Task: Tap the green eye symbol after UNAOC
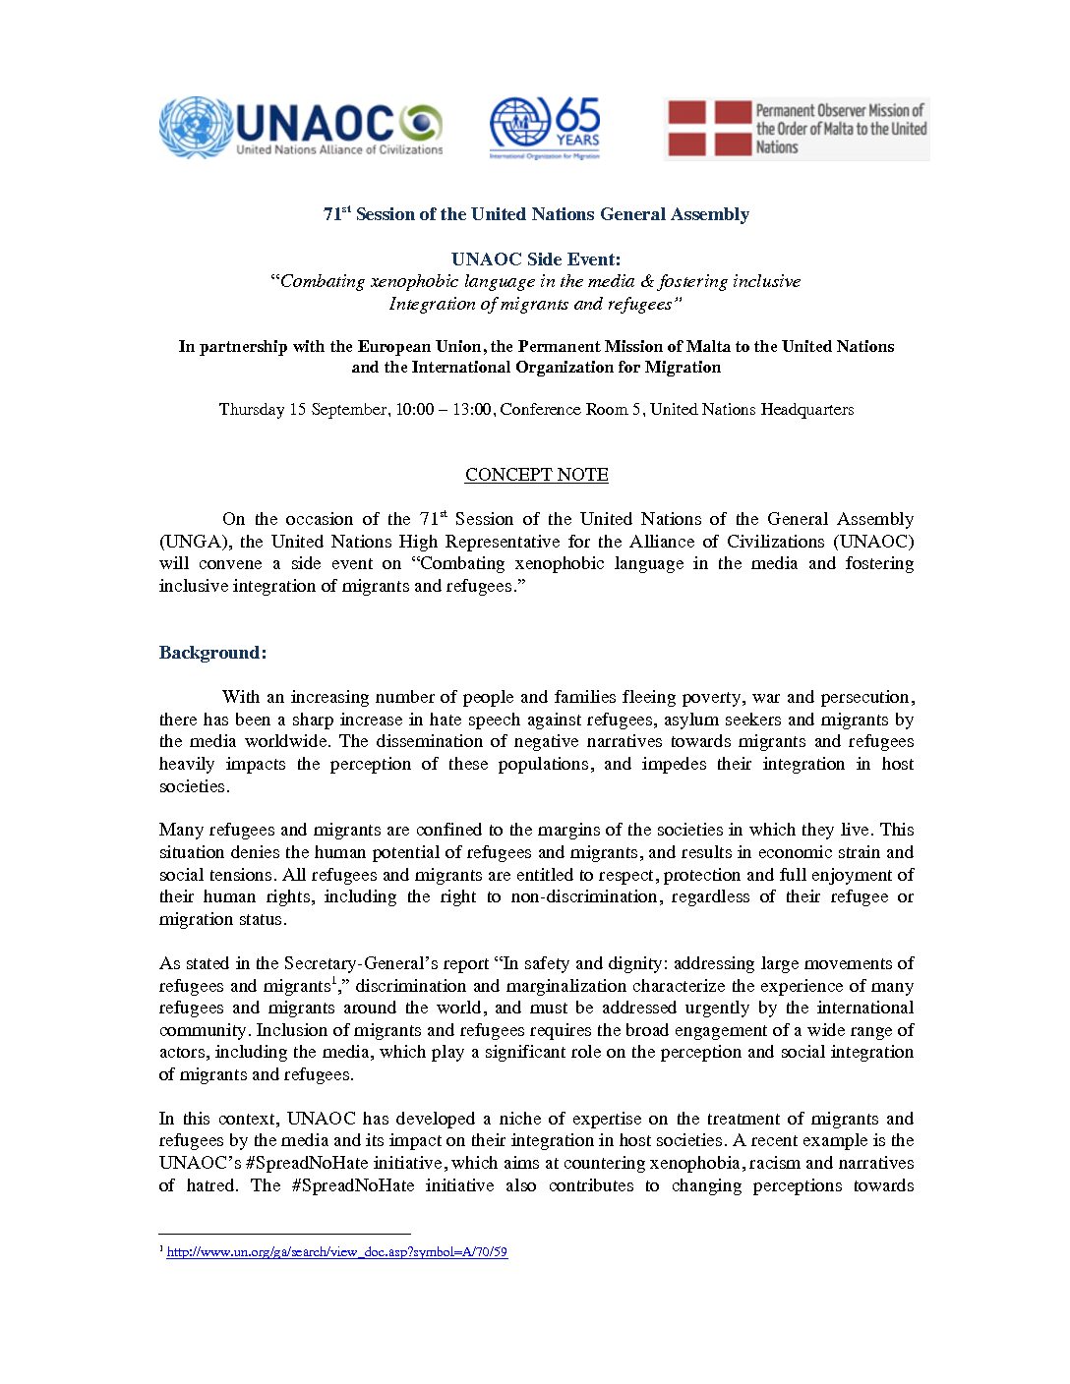[420, 123]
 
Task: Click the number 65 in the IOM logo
[577, 115]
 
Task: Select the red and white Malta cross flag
[709, 129]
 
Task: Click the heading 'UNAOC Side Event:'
[536, 259]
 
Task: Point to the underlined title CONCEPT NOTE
[536, 475]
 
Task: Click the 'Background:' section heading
[212, 653]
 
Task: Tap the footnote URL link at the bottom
[336, 1252]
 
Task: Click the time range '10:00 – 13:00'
[444, 409]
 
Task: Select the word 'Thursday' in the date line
[251, 409]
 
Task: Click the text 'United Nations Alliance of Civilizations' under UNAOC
[339, 150]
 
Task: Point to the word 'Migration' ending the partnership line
[684, 368]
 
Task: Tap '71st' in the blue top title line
[336, 214]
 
